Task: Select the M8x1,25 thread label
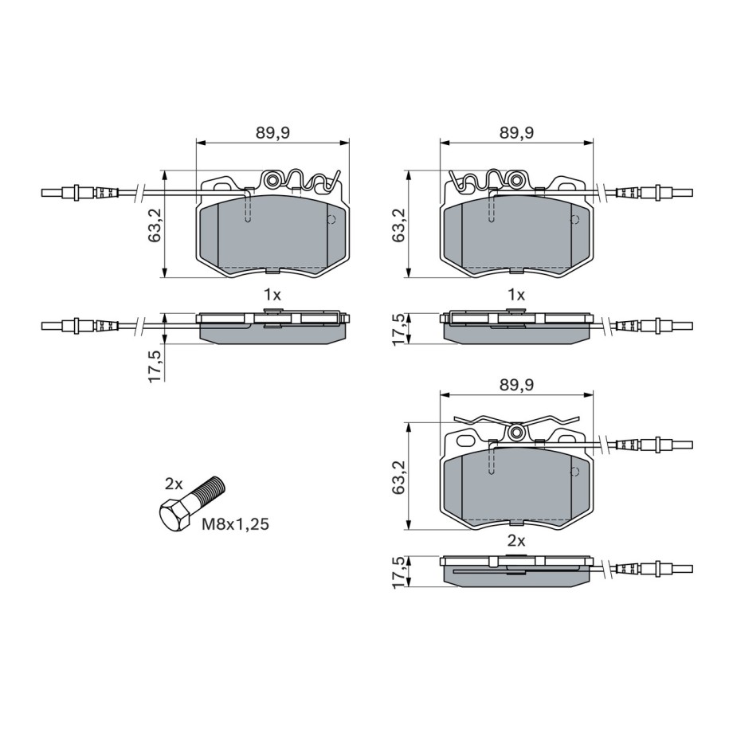point(236,524)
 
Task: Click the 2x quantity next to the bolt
point(174,484)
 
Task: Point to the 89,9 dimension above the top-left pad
point(273,132)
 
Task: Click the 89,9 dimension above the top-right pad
point(516,132)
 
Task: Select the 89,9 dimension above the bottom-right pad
point(516,385)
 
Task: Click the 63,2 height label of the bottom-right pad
point(398,477)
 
